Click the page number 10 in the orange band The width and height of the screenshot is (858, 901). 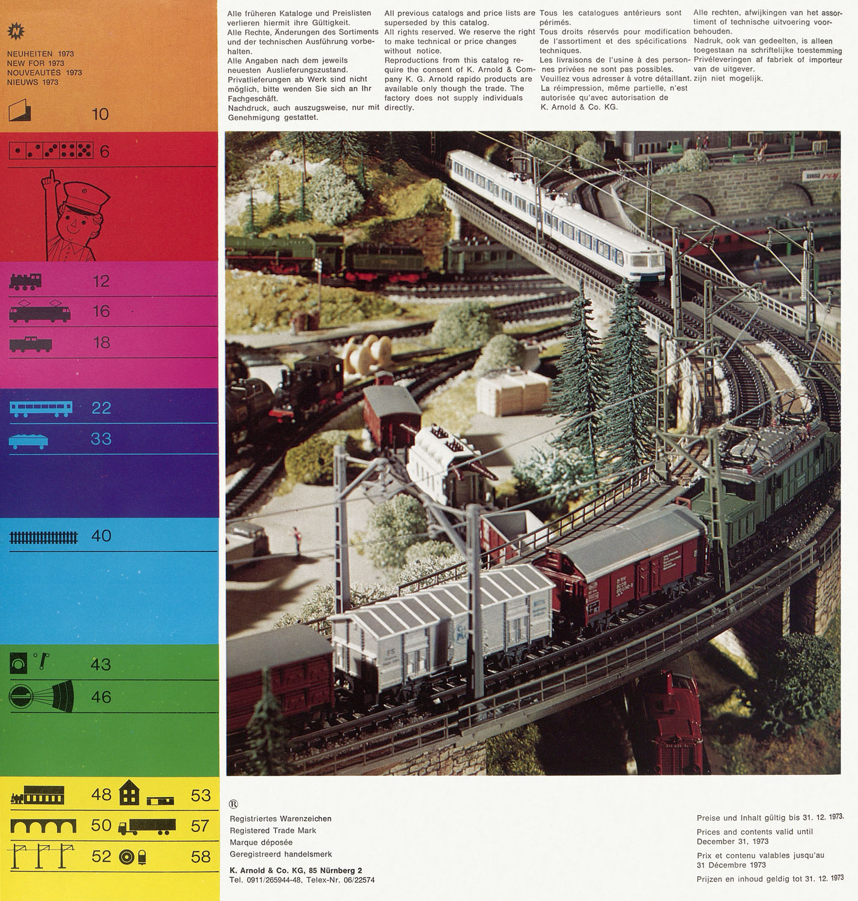coord(100,114)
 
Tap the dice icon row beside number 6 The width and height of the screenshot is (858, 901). coord(51,150)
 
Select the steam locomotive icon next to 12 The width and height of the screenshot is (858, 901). coord(25,281)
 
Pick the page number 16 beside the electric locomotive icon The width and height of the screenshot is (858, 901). coord(101,312)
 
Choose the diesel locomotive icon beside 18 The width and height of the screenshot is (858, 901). coord(31,344)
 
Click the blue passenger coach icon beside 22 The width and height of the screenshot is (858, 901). coord(41,409)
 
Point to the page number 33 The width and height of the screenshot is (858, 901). coord(101,439)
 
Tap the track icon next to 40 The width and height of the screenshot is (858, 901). coord(44,537)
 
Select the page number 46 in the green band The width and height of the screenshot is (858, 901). coord(101,697)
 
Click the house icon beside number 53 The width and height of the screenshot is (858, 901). coord(129,792)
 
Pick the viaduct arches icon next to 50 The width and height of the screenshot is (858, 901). coord(43,826)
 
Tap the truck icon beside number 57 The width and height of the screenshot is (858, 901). coord(147,827)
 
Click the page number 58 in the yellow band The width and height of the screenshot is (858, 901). coord(201,857)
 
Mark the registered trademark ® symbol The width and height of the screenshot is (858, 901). coord(233,804)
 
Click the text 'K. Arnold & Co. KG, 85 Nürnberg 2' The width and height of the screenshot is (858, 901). coord(296,870)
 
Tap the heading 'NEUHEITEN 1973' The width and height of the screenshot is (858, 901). coord(40,53)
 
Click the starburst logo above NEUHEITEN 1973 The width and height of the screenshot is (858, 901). coord(16,31)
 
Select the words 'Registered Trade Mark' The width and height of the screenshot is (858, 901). coord(273,831)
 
